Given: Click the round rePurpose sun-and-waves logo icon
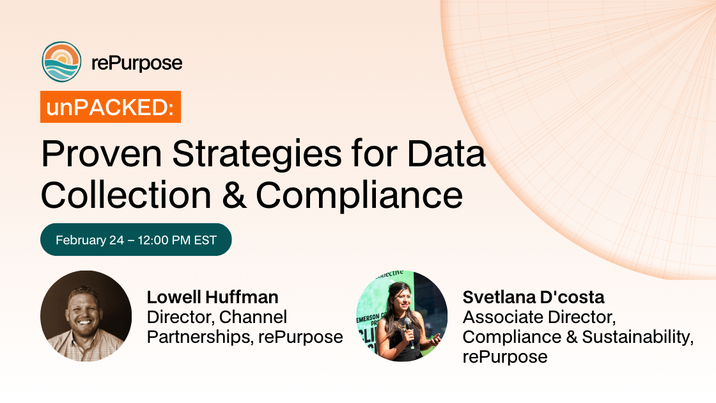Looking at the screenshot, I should point(61,62).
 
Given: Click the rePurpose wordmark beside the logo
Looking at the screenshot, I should point(137,63).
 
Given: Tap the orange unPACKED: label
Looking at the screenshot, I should point(111,107).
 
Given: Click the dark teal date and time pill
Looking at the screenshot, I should point(136,240).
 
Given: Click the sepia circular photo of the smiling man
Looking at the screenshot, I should point(86,316).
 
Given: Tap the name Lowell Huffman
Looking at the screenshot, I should point(213,297).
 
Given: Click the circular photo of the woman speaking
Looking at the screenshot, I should point(401,316).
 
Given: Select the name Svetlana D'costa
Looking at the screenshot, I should point(534,297).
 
